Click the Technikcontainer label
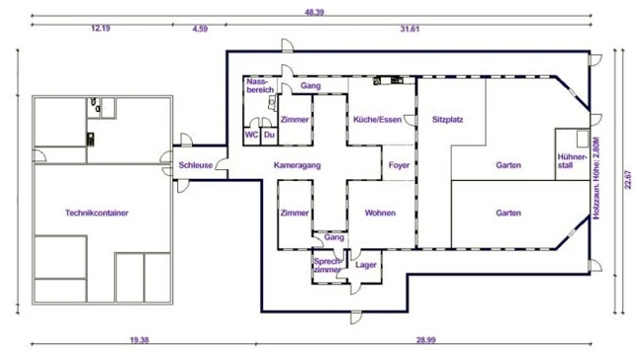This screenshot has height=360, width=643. point(97,213)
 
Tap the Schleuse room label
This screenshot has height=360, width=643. point(196,165)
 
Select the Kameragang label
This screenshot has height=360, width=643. point(298,165)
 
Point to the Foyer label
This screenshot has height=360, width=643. point(399,165)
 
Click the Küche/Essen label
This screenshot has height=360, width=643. point(377,120)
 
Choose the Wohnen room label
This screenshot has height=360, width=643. point(380,213)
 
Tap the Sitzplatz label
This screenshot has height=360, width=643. point(447,120)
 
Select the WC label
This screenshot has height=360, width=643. point(251,135)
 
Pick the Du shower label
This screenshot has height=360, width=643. point(269,135)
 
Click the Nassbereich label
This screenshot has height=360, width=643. point(260,86)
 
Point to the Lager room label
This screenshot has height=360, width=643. point(366,265)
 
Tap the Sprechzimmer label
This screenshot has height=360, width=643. point(327,265)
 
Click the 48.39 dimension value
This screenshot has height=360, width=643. point(315,12)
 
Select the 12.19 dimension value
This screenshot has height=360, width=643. point(101,29)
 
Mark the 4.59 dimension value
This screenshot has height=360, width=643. point(200,29)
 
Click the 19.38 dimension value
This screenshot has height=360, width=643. point(139,340)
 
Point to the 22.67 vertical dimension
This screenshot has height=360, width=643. point(628,180)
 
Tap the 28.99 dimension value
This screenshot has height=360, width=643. point(425,340)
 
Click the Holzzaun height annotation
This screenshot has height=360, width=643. point(597,178)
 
